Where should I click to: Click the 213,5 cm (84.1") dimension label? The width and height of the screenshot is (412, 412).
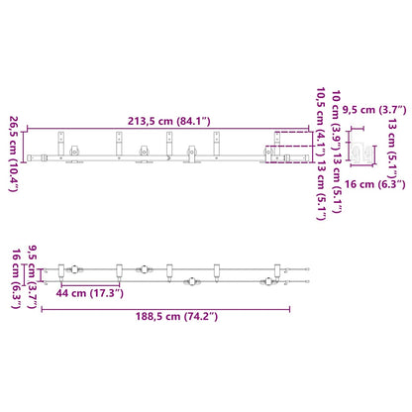coord(168,121)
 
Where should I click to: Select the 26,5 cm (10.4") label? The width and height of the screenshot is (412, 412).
coord(14,154)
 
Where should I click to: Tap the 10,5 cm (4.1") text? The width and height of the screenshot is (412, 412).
coord(321,123)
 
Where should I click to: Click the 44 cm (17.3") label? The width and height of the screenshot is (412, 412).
coord(89,293)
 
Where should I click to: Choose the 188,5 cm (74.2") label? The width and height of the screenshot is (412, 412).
coord(176,316)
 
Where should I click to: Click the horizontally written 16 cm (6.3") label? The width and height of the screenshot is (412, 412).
coord(375,184)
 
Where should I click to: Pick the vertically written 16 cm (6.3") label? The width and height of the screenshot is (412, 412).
coord(17,278)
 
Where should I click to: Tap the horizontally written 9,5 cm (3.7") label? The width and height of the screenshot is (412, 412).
coord(374,110)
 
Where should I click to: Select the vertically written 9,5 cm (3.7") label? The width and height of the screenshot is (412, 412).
coord(32,276)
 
